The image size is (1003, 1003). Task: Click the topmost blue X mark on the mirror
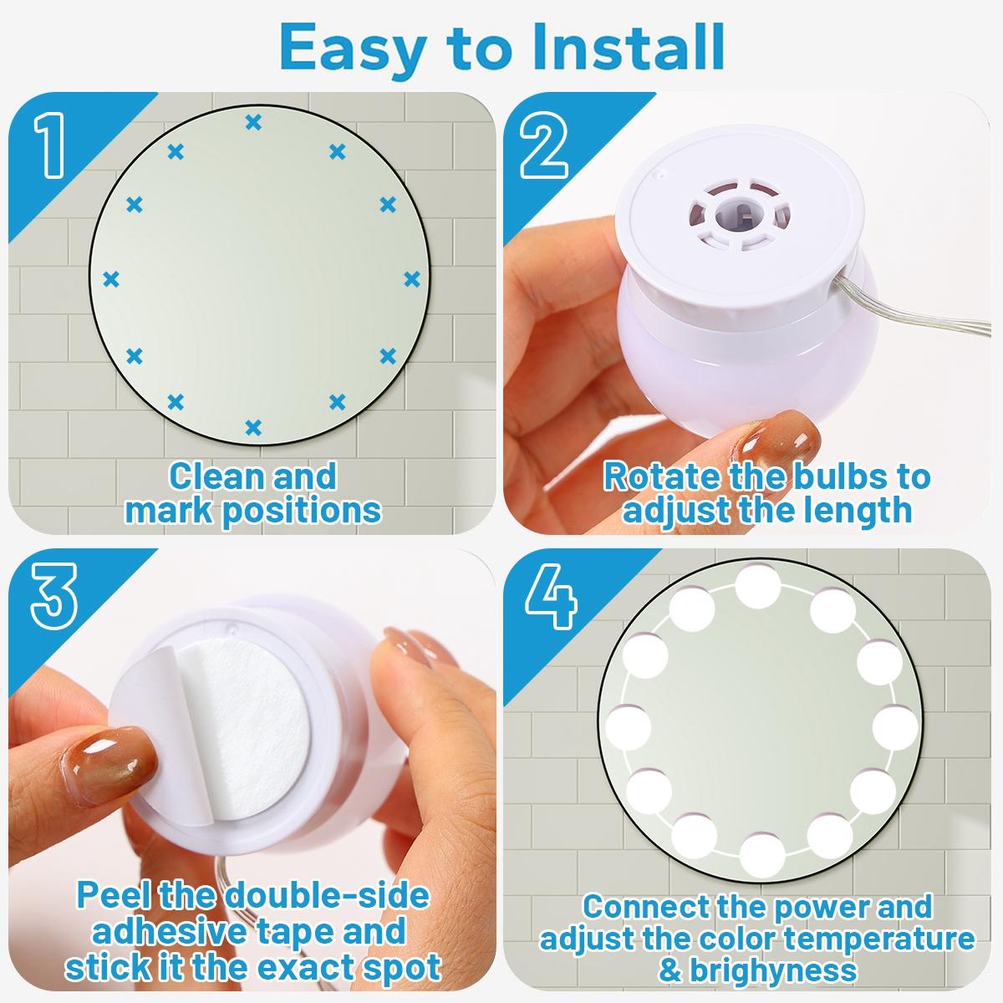pos(253,123)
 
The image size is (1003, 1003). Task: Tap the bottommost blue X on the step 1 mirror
pos(253,428)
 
